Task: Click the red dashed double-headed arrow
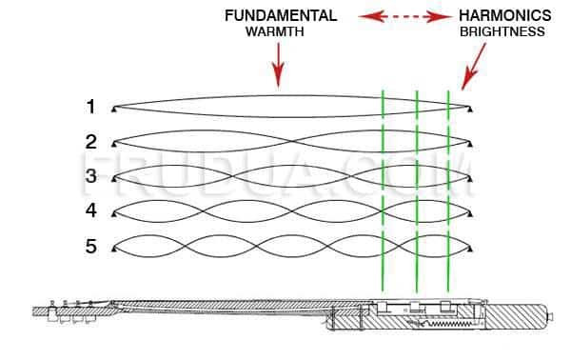point(399,16)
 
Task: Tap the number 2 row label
point(91,141)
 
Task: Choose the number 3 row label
point(91,176)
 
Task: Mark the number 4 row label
point(91,210)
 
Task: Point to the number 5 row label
point(91,247)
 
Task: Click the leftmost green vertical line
point(383,190)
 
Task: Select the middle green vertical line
point(417,190)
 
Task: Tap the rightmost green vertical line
point(448,190)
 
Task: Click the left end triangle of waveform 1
point(113,106)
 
